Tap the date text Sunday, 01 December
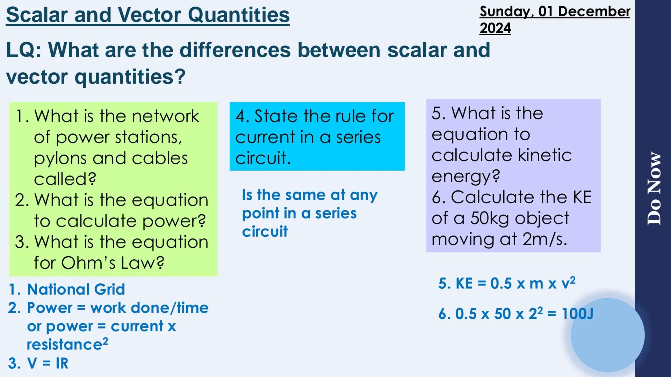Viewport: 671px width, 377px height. [x=555, y=11]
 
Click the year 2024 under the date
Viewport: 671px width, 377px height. [x=495, y=28]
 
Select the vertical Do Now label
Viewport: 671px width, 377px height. [x=654, y=188]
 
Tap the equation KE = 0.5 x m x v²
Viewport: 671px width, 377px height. [x=507, y=283]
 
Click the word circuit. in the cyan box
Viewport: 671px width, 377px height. [x=263, y=158]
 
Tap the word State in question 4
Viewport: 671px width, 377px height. [x=276, y=116]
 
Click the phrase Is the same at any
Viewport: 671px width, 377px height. [x=310, y=195]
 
